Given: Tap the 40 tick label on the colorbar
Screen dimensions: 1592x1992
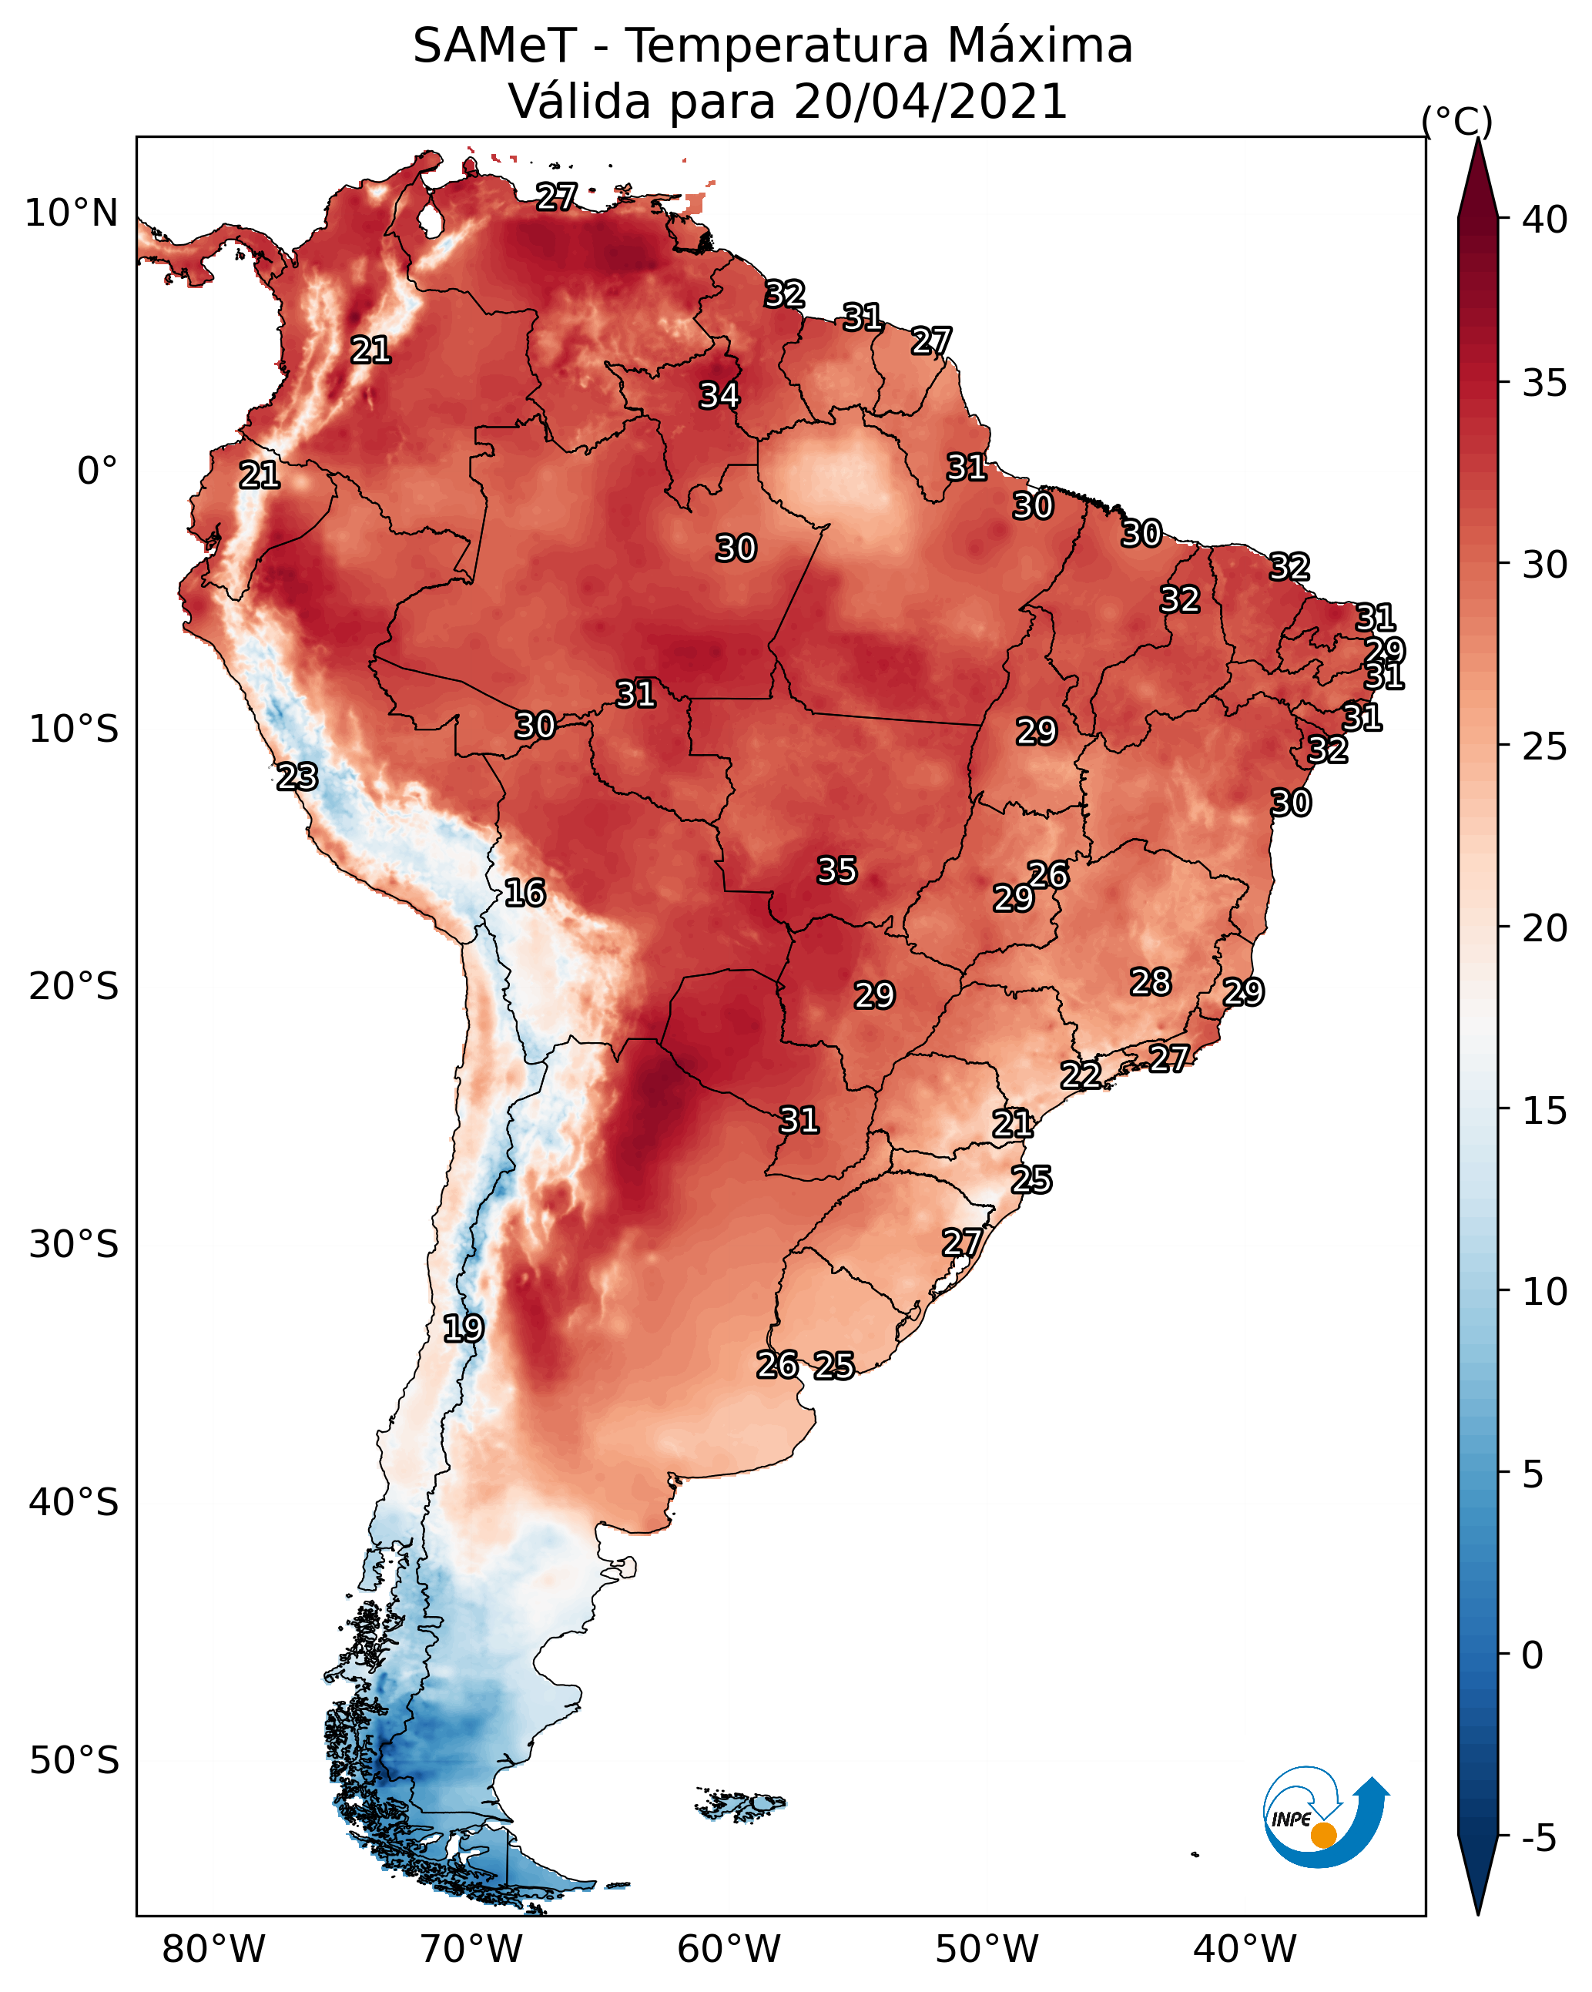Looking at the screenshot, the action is (1545, 220).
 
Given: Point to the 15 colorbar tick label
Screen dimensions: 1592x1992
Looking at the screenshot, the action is (1545, 1111).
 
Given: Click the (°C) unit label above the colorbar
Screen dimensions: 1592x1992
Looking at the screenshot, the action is (1456, 121).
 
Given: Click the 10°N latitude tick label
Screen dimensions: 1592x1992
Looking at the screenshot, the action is (71, 213).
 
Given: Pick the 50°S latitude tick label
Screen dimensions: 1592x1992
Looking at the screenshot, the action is (74, 1760).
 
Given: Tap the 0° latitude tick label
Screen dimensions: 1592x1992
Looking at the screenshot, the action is (98, 471).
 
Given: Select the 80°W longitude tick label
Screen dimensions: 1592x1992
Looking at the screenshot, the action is (213, 1950).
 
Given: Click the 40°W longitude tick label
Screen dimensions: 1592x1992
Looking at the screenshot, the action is (1245, 1950).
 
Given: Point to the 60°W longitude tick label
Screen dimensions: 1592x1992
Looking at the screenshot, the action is (729, 1950).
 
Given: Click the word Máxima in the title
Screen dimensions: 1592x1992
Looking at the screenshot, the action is (1041, 46).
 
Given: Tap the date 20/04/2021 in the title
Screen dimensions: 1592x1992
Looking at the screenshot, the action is (930, 102).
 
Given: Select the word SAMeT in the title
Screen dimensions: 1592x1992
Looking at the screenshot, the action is (494, 46).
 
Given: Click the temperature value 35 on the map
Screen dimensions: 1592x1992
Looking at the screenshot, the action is (837, 870).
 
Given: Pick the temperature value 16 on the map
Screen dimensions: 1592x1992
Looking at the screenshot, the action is (525, 893).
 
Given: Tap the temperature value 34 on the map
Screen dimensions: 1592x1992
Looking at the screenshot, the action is (719, 395).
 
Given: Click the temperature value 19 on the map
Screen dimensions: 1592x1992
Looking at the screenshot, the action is (463, 1329).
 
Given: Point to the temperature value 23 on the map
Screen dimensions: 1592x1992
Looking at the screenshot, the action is (297, 777).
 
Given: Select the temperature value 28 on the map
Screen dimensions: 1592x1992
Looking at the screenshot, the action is (1151, 982).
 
